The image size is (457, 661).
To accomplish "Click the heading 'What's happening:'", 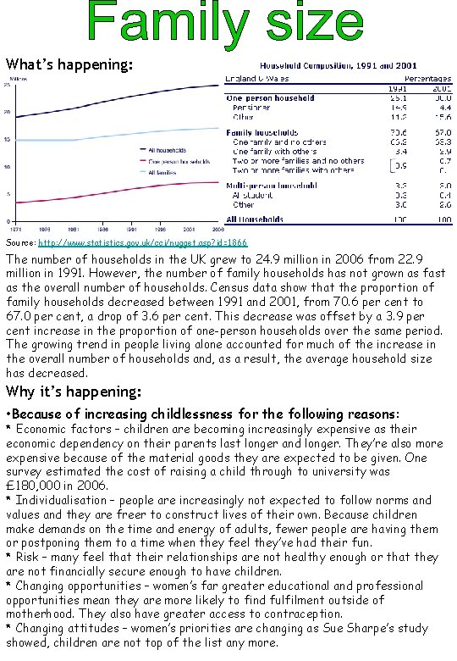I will pos(68,64).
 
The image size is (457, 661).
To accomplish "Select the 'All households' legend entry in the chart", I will pos(167,151).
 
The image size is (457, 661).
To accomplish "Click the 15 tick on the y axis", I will pos(8,140).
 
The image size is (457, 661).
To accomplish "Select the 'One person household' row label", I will pos(271,98).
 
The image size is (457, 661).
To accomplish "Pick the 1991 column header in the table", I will pos(398,87).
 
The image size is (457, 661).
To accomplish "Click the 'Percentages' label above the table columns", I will pos(427,78).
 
